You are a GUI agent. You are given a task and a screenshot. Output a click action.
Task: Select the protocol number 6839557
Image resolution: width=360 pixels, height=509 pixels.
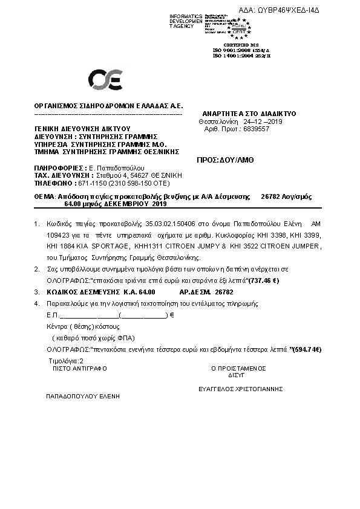coord(257,129)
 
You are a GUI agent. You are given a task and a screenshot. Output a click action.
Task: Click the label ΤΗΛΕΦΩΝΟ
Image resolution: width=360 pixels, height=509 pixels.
coord(53,183)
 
